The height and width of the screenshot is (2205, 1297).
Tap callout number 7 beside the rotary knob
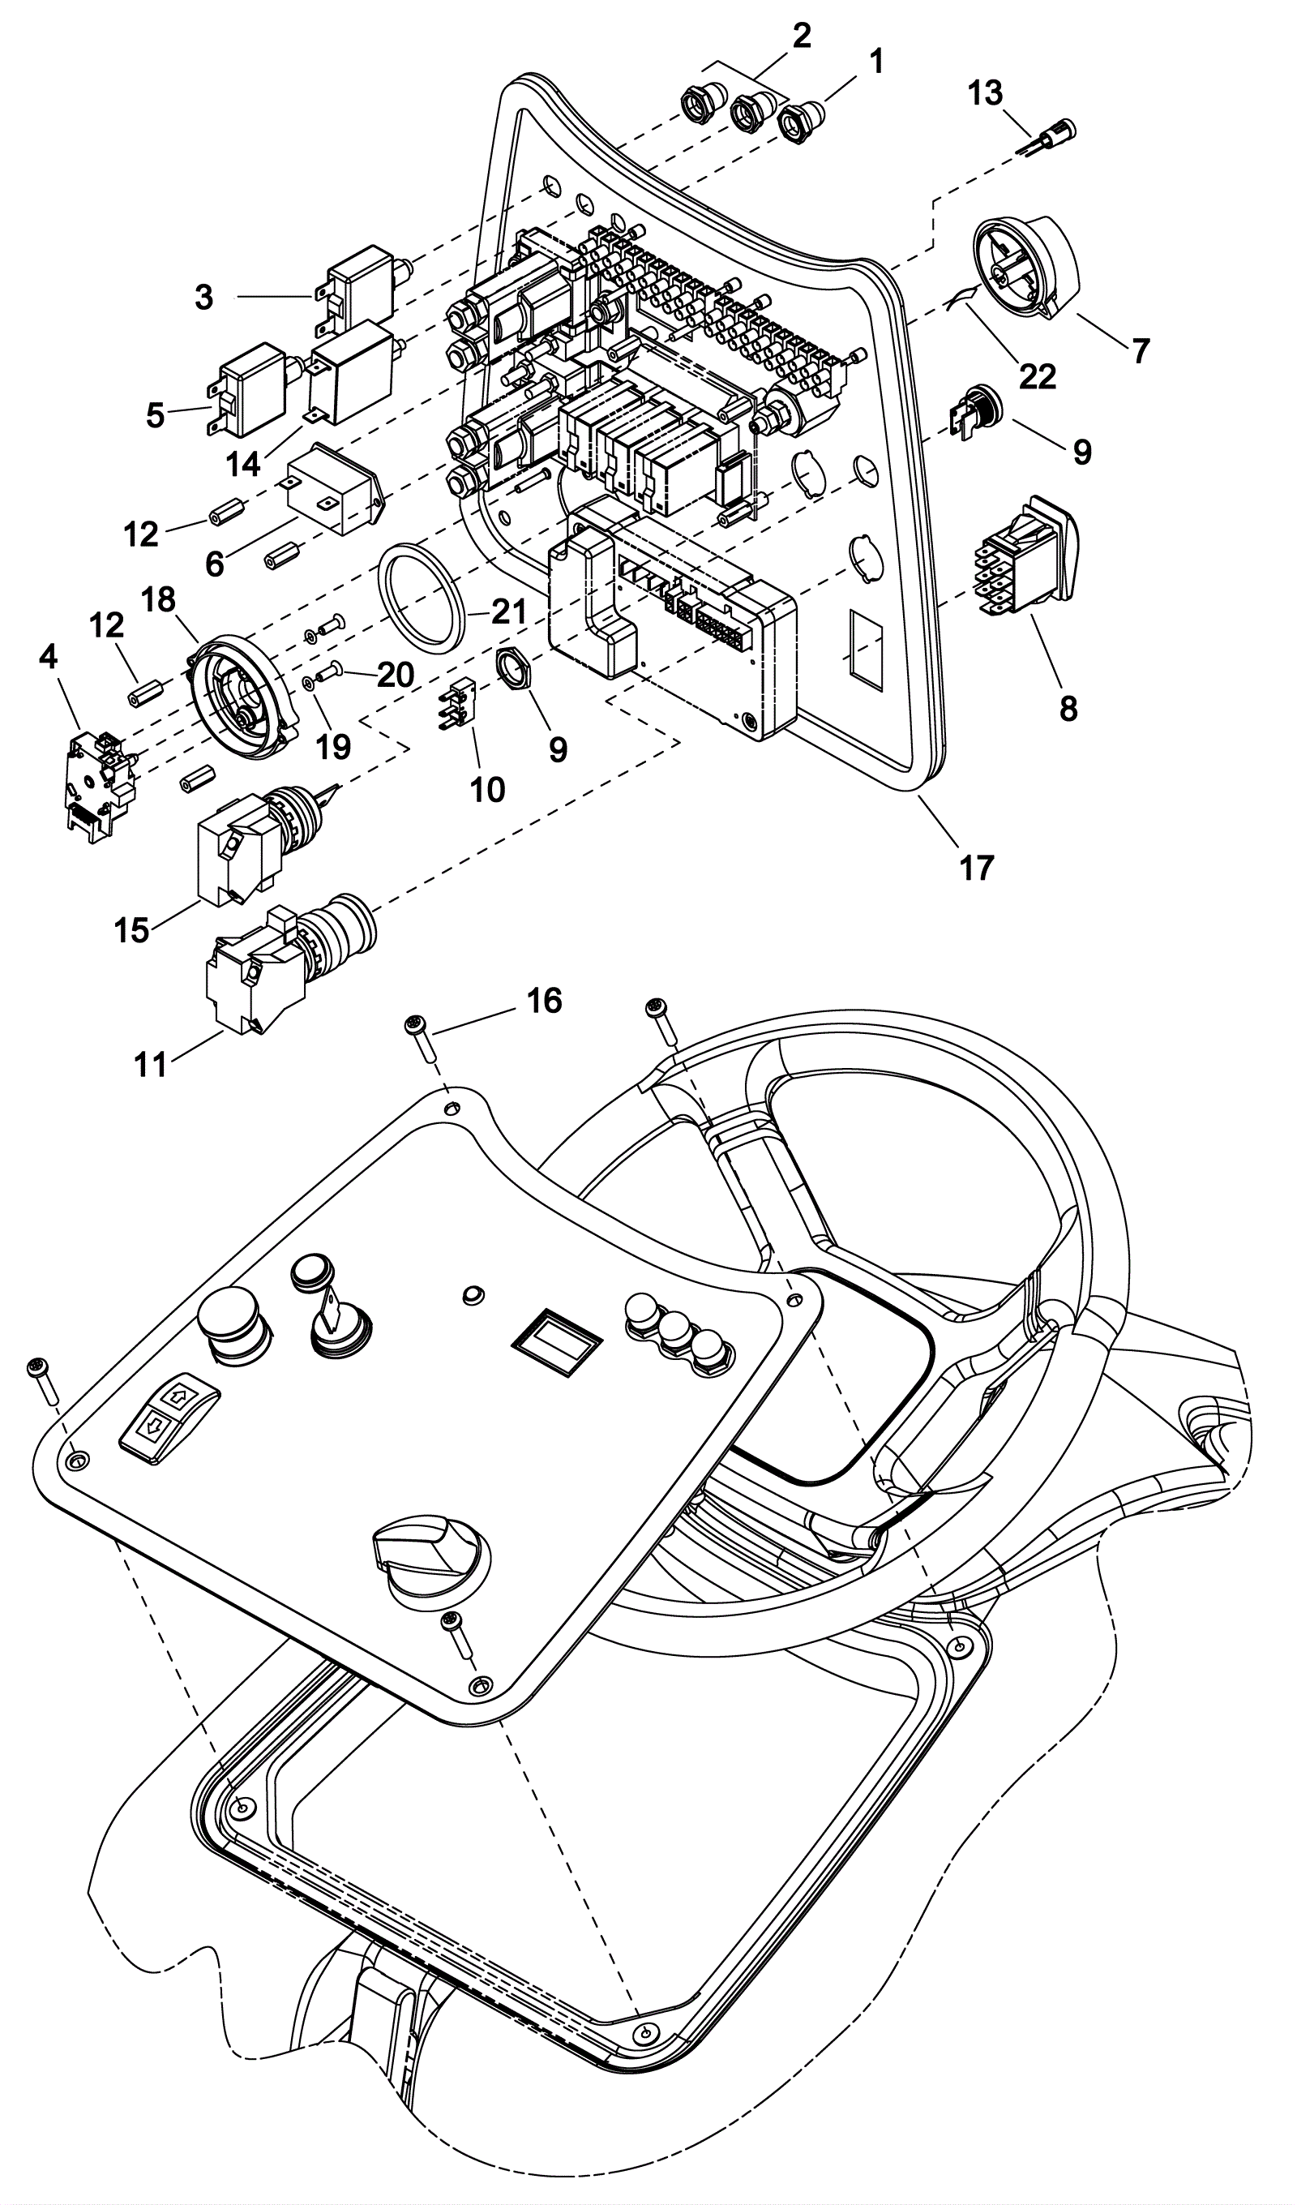pyautogui.click(x=1140, y=351)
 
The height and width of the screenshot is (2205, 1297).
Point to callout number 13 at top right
pyautogui.click(x=986, y=92)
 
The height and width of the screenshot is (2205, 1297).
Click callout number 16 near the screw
pyautogui.click(x=544, y=1000)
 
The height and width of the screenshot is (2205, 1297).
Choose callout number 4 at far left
pyautogui.click(x=48, y=657)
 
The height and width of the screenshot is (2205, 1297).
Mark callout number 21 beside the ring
pyautogui.click(x=508, y=611)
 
